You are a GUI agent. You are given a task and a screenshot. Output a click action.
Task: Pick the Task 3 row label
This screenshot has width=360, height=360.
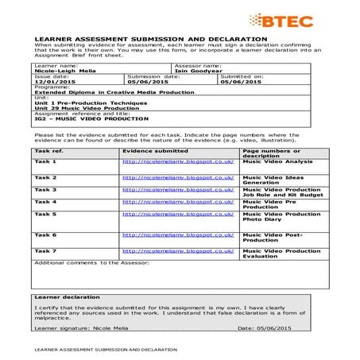click(x=45, y=190)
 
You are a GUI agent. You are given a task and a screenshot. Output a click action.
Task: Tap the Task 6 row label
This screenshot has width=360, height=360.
click(x=45, y=235)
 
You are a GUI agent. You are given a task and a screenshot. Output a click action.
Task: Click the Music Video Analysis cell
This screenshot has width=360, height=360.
click(x=277, y=161)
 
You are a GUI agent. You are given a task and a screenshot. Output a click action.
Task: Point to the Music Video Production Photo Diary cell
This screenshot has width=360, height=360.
click(x=281, y=217)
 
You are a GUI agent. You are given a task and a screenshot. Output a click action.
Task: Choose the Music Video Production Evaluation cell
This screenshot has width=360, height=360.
click(x=281, y=254)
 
